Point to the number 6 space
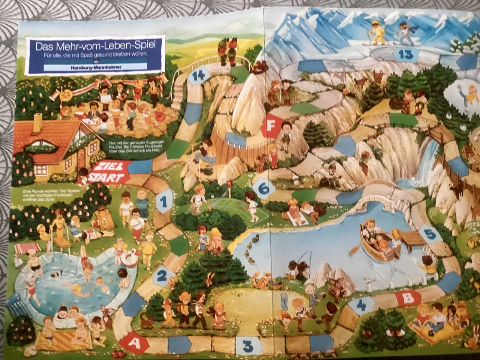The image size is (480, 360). tap(263, 188)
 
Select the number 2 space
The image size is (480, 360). tap(162, 276)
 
